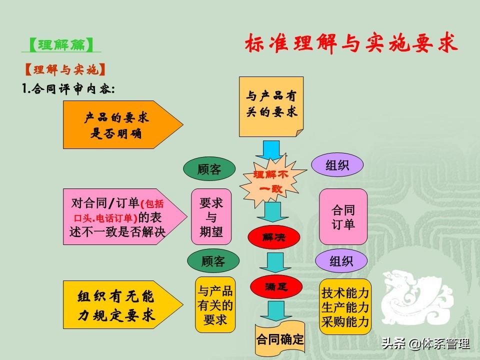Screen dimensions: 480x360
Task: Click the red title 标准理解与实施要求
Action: [351, 43]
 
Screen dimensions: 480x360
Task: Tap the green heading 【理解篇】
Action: [61, 45]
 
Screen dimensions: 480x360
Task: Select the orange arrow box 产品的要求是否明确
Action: [123, 125]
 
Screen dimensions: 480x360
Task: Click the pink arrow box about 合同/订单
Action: [125, 216]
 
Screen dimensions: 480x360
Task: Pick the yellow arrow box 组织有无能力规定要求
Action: [123, 305]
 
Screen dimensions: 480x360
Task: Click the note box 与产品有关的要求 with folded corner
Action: [271, 106]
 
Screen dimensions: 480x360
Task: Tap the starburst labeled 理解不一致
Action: [272, 181]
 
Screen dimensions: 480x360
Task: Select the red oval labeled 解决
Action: [273, 237]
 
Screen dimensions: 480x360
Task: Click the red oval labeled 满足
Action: [276, 287]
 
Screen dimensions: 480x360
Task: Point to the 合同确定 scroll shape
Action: [280, 338]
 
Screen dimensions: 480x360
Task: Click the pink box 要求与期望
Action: [211, 216]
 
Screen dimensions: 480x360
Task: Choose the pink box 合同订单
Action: [343, 216]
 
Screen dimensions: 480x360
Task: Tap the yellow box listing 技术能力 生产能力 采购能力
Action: [345, 306]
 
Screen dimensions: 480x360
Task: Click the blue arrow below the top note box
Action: [271, 150]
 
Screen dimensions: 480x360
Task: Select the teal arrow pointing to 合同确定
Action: [275, 310]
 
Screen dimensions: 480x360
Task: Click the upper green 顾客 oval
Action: [209, 169]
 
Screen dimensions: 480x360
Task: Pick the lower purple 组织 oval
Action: [341, 261]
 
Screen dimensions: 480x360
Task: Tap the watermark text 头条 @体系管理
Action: [425, 343]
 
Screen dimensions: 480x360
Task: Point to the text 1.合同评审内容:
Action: [68, 89]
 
